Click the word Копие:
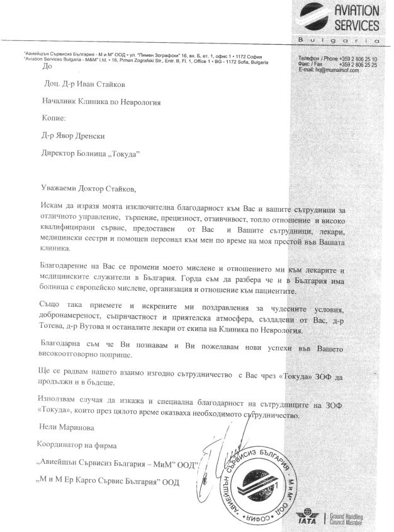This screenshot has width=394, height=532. (x=53, y=118)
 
